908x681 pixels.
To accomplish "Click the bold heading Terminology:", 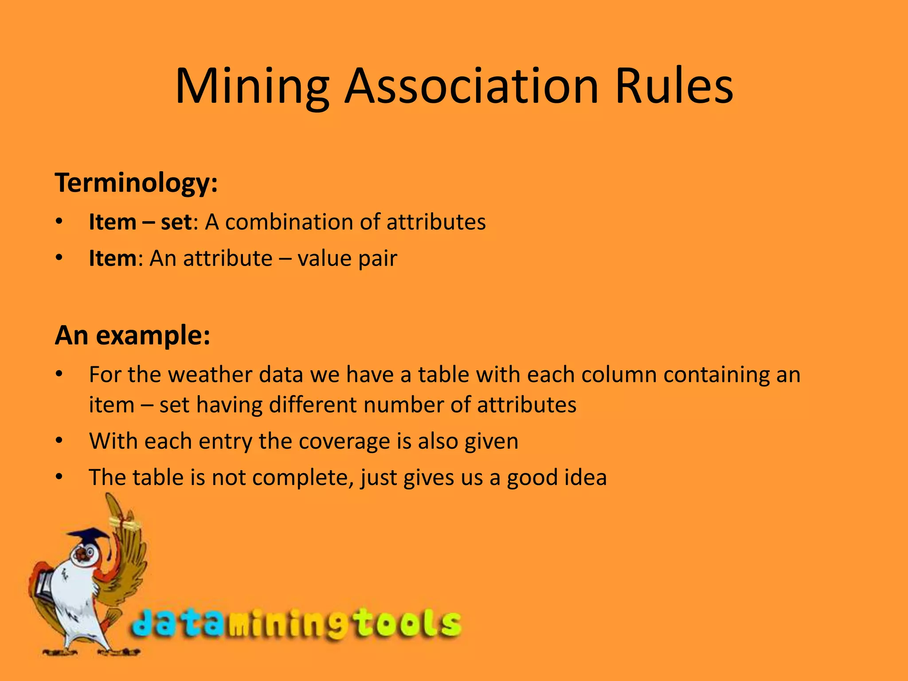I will [136, 183].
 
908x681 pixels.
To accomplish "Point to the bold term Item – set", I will [141, 222].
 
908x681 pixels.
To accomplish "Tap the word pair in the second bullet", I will [377, 259].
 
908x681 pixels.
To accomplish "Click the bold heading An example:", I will [133, 336].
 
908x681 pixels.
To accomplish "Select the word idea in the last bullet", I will [585, 477].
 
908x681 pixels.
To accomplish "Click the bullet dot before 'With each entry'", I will [59, 441].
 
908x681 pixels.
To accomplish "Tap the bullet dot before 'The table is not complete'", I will [59, 477].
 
